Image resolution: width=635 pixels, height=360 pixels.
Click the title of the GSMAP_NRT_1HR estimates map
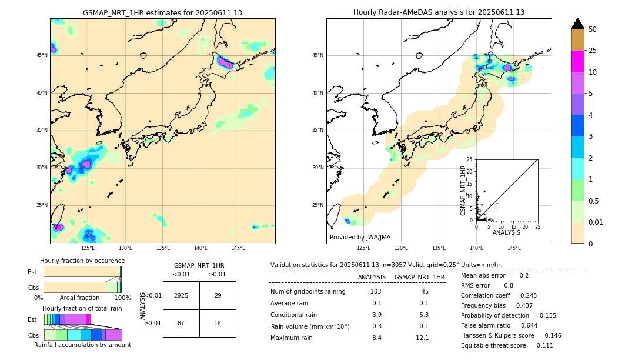[162, 12]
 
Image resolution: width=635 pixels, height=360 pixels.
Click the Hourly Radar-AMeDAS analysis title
[439, 12]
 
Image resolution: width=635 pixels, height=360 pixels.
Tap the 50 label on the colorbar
[593, 29]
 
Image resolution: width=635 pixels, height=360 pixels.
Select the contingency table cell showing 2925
[181, 295]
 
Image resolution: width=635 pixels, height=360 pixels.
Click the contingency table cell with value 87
[181, 324]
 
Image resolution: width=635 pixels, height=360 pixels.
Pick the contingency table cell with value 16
[218, 324]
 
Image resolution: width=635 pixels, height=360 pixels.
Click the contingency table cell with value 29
[218, 295]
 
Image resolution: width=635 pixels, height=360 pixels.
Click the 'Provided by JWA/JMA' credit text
[360, 238]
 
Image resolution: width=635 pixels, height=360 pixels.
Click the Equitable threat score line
[507, 346]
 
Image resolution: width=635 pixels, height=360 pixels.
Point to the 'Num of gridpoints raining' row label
[308, 292]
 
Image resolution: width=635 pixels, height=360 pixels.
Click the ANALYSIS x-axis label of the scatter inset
[506, 232]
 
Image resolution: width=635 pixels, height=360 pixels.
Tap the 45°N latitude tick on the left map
[42, 55]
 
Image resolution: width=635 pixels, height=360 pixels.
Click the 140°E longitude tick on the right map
[476, 248]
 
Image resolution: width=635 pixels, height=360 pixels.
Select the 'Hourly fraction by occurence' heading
[82, 261]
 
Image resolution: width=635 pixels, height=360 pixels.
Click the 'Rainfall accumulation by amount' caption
[82, 345]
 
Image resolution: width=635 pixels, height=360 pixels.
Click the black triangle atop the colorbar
[578, 24]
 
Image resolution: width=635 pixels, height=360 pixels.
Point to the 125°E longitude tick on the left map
[88, 248]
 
